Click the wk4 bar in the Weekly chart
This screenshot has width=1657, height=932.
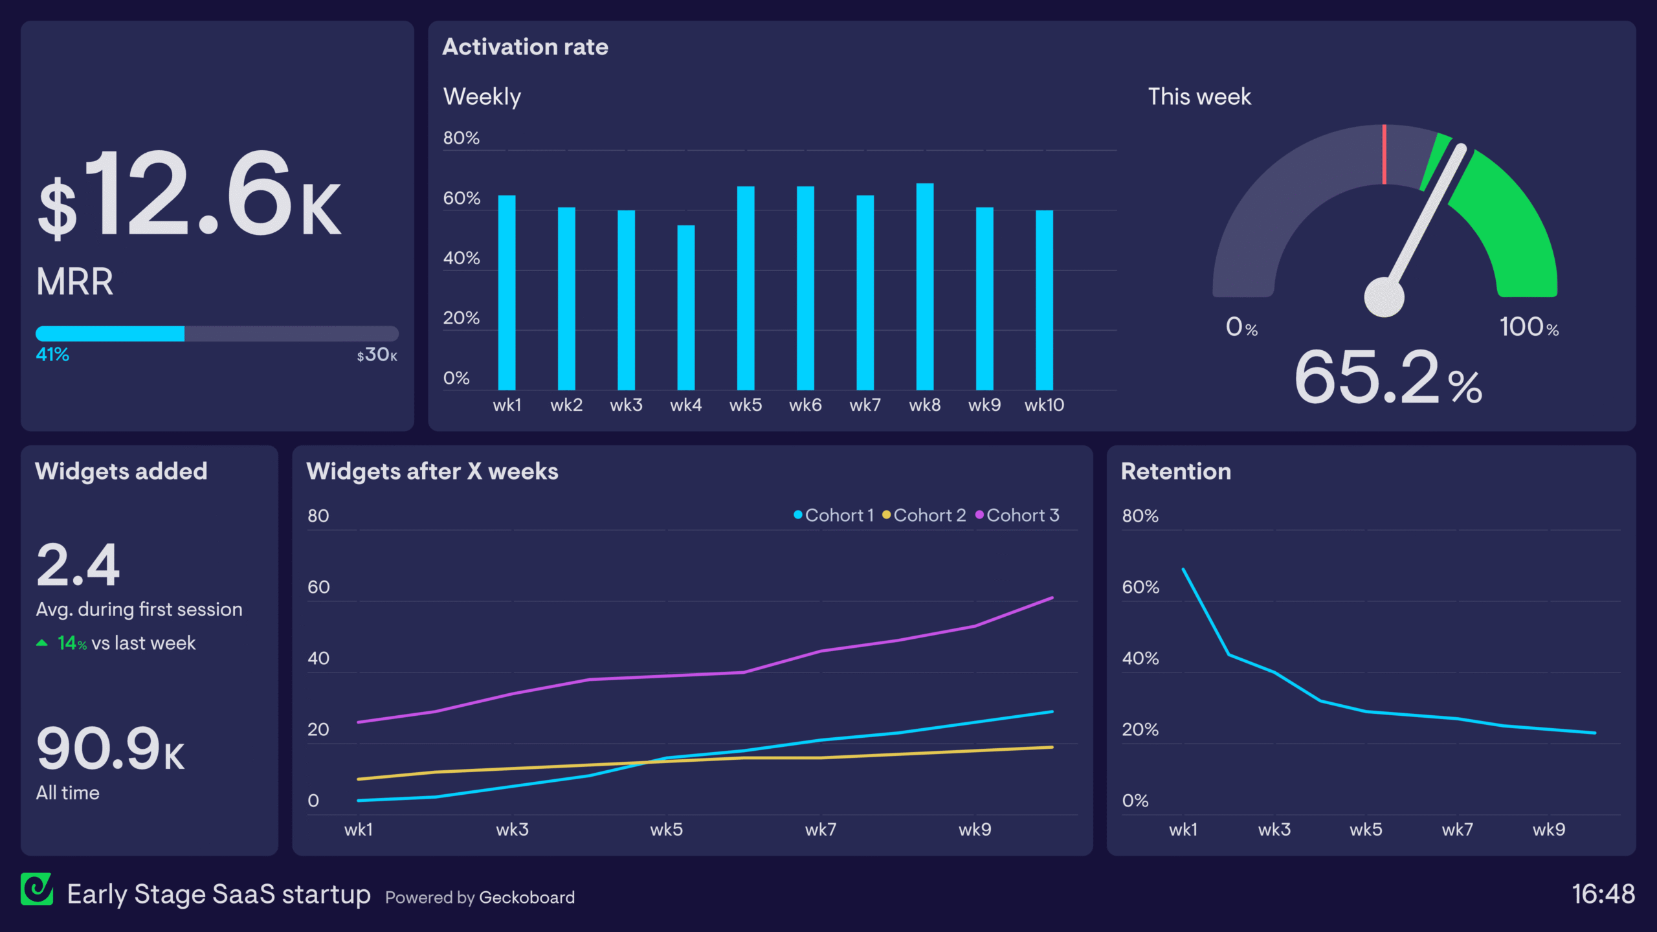(x=685, y=307)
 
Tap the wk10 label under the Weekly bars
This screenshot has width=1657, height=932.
(x=1044, y=405)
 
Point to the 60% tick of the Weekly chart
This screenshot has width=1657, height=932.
(x=462, y=198)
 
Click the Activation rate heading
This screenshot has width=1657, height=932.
(x=525, y=47)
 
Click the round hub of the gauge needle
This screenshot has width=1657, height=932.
(x=1384, y=297)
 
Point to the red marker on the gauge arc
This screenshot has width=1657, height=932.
(x=1385, y=154)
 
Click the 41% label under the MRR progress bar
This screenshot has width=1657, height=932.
(x=52, y=355)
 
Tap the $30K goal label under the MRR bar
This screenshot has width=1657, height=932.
(x=377, y=355)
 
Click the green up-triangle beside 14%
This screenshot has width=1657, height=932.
(x=42, y=643)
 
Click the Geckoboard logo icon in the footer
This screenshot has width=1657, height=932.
(x=37, y=889)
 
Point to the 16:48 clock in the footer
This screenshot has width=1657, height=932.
(x=1603, y=894)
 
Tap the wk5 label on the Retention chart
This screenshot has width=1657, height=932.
(x=1366, y=830)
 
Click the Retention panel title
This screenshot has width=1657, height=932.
(x=1175, y=471)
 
